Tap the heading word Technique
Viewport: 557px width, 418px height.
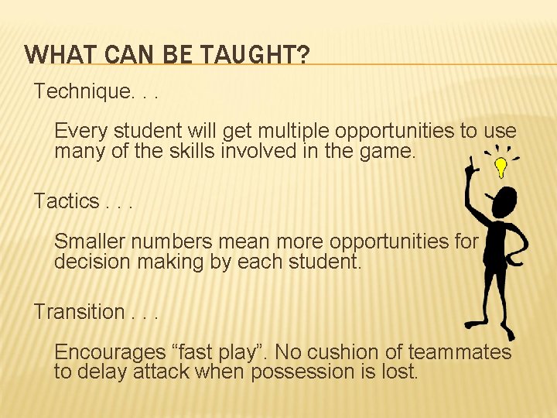[x=84, y=91]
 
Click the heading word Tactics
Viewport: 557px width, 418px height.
[x=66, y=201]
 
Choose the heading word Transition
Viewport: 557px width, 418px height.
[x=79, y=312]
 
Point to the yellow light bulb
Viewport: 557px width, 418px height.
[x=501, y=166]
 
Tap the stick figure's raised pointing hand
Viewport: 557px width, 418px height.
[x=470, y=164]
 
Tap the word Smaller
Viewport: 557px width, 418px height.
[x=91, y=242]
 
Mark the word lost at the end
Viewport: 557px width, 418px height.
[x=400, y=372]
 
